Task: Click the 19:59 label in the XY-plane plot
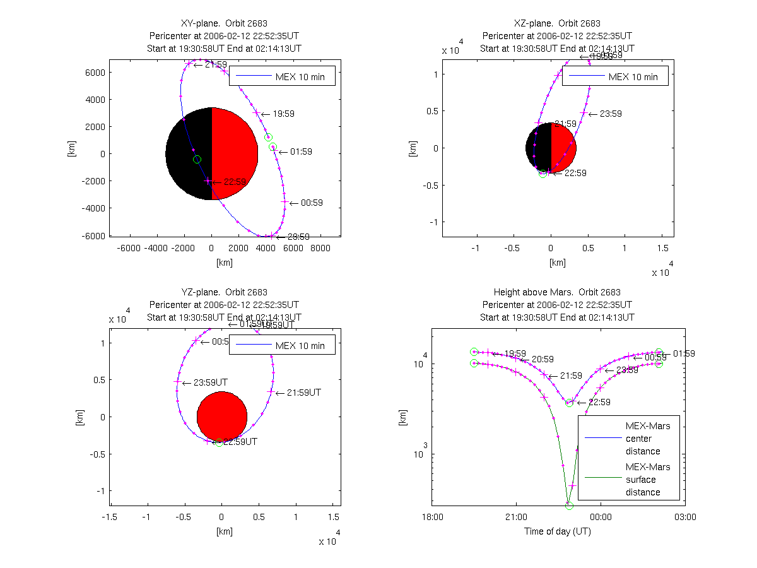(x=283, y=114)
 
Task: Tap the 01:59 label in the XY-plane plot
(x=300, y=152)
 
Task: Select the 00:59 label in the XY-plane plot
(x=312, y=203)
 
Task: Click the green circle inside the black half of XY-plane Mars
(x=197, y=160)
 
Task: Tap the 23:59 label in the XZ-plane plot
(x=610, y=114)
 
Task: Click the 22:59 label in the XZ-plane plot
(x=575, y=173)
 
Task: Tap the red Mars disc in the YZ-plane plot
(x=222, y=417)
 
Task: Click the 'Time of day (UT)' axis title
(x=558, y=531)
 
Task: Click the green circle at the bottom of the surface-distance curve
(x=569, y=506)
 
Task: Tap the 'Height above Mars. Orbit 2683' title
(x=557, y=292)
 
